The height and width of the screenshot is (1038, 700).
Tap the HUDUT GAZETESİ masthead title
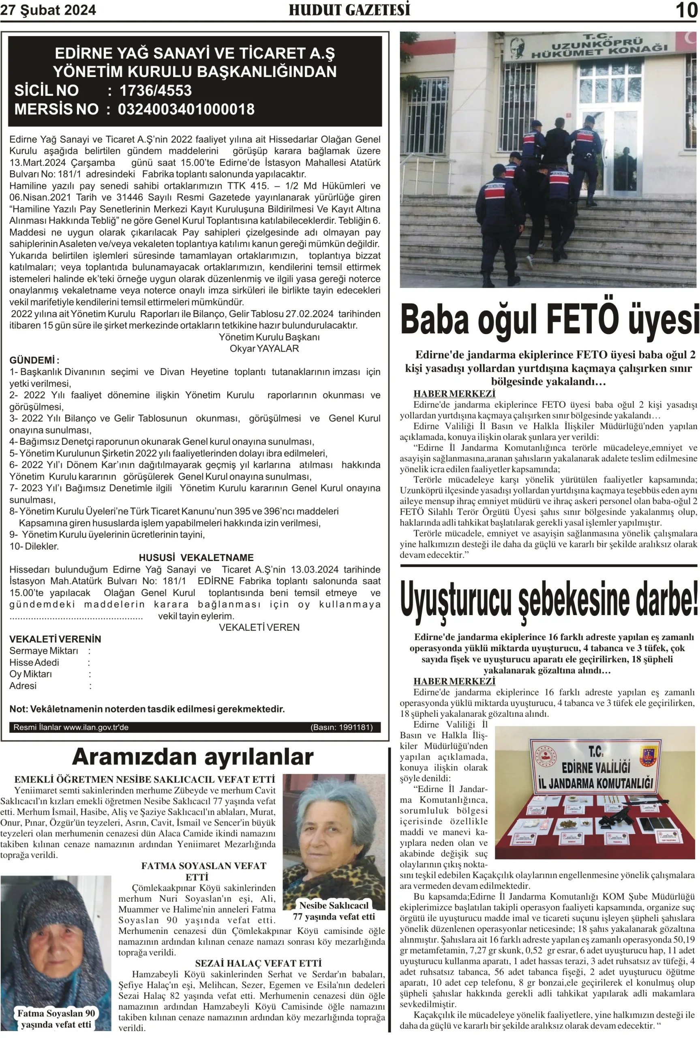(349, 10)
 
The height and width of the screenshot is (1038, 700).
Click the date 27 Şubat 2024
(48, 10)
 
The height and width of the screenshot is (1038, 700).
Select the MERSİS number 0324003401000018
(186, 109)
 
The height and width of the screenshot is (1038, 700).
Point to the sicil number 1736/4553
(155, 91)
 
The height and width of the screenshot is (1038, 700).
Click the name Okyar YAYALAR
(264, 349)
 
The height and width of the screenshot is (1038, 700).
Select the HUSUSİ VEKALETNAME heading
(196, 558)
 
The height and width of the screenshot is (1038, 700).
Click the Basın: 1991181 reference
(342, 727)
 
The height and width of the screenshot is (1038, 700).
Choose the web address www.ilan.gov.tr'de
(96, 727)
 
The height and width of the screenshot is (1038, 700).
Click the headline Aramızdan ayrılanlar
(193, 757)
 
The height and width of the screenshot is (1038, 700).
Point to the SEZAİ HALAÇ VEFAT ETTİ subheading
(258, 963)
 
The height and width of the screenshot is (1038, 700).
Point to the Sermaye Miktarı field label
(44, 651)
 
